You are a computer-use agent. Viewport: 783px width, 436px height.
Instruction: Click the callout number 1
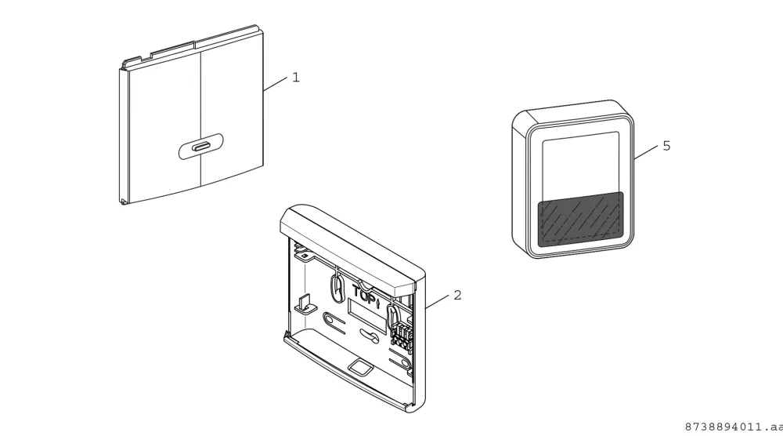coord(296,78)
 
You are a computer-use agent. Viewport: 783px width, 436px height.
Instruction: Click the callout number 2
coord(457,296)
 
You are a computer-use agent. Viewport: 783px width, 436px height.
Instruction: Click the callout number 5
coord(666,146)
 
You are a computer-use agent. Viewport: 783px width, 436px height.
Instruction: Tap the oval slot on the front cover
coord(200,147)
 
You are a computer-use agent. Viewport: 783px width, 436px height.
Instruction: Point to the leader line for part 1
coord(275,83)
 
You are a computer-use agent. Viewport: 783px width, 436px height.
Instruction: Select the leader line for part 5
coord(646,152)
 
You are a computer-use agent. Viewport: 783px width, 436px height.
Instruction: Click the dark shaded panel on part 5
coord(580,220)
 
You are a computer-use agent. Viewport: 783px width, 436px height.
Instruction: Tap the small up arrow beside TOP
coord(378,303)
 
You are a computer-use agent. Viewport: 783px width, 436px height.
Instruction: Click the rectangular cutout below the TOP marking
coord(367,316)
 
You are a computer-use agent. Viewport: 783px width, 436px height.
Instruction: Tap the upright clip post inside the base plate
coord(303,303)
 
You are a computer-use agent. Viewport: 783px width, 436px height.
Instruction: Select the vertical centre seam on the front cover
coord(200,118)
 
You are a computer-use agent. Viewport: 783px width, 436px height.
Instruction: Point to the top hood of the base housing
coord(349,248)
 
